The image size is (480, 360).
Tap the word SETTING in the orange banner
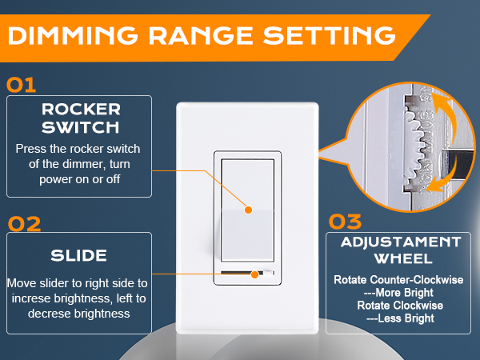point(330,35)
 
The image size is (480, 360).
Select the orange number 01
point(21,85)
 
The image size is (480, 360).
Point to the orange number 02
point(24,224)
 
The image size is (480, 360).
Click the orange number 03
point(345,222)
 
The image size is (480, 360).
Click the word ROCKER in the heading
point(81,110)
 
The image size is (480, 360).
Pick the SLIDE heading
point(78,256)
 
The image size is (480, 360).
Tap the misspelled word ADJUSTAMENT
point(401,242)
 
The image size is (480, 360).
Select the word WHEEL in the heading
point(403,258)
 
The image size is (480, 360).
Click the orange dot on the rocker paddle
point(248,210)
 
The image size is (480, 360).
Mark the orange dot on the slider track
point(254,274)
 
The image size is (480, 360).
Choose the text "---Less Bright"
point(400,318)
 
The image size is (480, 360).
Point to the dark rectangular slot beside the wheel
point(454,164)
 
